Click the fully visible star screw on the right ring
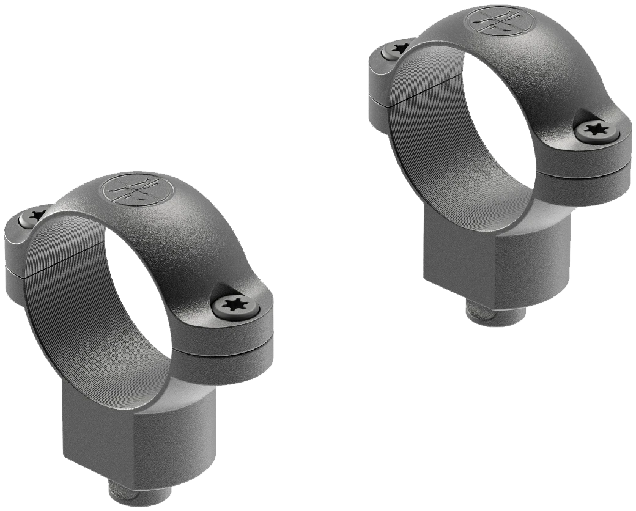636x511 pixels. [x=593, y=128]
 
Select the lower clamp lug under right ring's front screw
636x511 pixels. [x=584, y=189]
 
